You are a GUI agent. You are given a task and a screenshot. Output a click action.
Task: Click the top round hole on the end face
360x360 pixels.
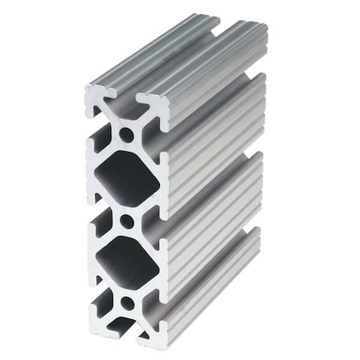[x=126, y=135]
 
